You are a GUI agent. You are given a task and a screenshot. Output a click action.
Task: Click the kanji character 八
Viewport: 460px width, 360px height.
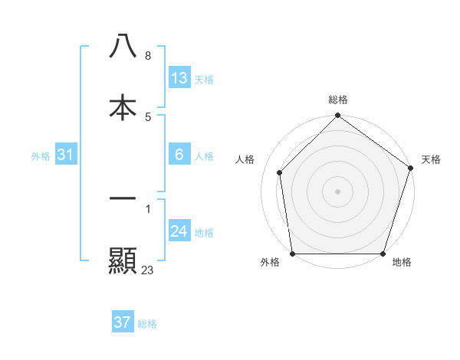coord(123,47)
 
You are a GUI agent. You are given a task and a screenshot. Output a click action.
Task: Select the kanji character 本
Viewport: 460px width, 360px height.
coord(123,107)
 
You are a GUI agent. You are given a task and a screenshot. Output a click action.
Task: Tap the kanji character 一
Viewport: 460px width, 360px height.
coord(123,198)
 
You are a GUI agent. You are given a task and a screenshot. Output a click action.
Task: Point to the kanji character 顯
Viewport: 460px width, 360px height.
coord(123,260)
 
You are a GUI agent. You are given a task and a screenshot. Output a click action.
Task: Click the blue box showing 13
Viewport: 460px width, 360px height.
coord(179,78)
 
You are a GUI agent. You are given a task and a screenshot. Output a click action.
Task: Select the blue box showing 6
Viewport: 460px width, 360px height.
coord(179,155)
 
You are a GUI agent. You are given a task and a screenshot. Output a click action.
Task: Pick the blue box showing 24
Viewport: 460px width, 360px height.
coord(179,231)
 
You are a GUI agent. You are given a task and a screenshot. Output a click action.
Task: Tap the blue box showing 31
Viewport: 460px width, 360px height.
coord(66,155)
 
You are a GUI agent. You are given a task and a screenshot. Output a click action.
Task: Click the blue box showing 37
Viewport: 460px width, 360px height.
coord(123,322)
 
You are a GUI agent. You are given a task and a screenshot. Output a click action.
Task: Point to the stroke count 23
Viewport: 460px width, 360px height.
coord(148,270)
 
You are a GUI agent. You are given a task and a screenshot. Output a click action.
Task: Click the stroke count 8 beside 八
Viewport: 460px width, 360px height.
coord(148,56)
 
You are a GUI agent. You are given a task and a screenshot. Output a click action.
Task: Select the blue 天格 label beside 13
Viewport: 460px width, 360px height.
coord(204,80)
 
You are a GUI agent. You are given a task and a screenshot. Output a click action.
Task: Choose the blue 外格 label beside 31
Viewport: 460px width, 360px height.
coord(41,156)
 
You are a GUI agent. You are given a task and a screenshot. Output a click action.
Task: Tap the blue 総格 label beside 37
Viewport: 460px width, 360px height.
coord(147,324)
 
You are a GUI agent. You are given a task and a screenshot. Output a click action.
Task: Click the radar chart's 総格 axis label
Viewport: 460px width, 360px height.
coord(338,100)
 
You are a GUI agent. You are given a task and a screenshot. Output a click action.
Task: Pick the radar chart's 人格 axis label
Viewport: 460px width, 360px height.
coord(245,159)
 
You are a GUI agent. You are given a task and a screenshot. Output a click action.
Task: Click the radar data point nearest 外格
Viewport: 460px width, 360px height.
coord(293,254)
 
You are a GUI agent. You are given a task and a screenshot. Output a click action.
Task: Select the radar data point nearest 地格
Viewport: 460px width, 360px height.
coord(383,254)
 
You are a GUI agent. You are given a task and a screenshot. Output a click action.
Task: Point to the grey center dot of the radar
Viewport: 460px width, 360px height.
coord(338,191)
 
